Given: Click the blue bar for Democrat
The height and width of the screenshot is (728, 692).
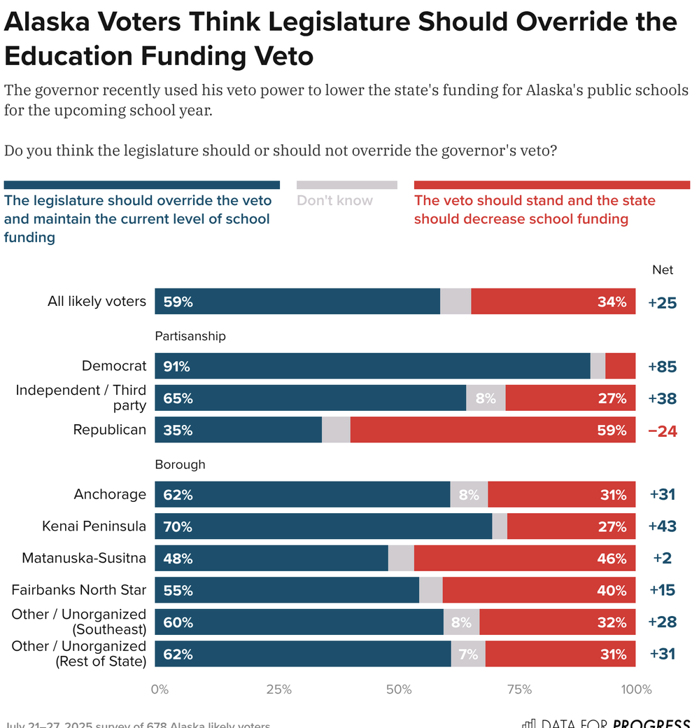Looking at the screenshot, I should (372, 366).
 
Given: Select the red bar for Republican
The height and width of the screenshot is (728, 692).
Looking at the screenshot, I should (493, 430).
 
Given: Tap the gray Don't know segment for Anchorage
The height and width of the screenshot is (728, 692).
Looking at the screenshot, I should (469, 494).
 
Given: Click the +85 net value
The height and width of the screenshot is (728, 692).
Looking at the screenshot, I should (663, 366).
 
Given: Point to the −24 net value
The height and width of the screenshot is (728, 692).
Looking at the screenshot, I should (663, 430).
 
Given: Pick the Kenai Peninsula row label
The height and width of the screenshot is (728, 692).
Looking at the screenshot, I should (94, 526).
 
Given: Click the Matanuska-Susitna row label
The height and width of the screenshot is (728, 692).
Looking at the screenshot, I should (84, 558).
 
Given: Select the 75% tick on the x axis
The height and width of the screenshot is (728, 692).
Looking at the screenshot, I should (518, 689).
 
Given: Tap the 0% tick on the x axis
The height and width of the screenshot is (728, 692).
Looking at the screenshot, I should (160, 689).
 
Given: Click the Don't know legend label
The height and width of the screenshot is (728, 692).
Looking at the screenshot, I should (334, 201).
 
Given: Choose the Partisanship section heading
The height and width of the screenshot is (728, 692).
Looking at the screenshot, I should (190, 336).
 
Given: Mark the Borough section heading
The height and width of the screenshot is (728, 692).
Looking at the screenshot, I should (180, 464).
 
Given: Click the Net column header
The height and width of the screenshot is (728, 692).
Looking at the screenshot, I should (663, 269).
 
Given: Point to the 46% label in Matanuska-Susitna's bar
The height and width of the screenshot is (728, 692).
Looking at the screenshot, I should (612, 559).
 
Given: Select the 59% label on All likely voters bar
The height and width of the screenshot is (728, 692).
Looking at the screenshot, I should (178, 302).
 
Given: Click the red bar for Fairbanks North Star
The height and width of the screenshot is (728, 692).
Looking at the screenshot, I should (539, 590).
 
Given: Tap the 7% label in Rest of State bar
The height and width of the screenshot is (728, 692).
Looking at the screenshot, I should (468, 654).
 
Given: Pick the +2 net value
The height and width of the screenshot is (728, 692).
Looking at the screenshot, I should (663, 559).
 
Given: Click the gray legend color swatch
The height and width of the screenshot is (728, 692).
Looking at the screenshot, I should (347, 185).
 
